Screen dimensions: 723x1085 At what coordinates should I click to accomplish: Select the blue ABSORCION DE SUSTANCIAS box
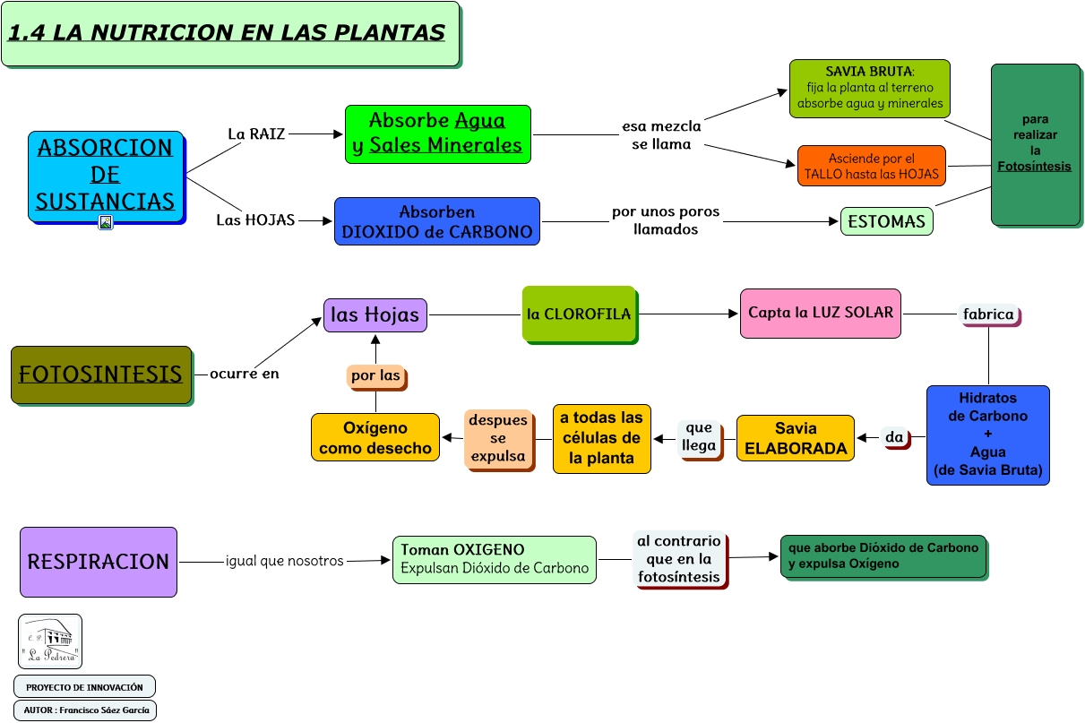pyautogui.click(x=106, y=175)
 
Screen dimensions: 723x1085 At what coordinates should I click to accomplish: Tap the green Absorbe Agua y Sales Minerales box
pyautogui.click(x=437, y=133)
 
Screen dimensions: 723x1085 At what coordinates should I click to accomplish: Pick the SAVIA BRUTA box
pyautogui.click(x=869, y=88)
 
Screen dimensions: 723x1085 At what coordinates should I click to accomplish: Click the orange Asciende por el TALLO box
pyautogui.click(x=871, y=166)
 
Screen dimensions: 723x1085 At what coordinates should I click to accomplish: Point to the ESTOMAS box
pyautogui.click(x=886, y=220)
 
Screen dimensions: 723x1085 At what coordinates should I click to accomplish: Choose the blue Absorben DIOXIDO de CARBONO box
pyautogui.click(x=437, y=221)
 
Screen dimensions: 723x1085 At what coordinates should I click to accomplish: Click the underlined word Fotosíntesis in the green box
pyautogui.click(x=1034, y=166)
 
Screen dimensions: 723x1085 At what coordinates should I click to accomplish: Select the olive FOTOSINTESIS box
pyautogui.click(x=101, y=374)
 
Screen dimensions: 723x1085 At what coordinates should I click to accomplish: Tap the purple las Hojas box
pyautogui.click(x=375, y=314)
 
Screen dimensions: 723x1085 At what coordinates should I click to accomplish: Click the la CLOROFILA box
pyautogui.click(x=578, y=314)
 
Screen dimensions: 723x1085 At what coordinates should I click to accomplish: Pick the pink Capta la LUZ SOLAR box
pyautogui.click(x=820, y=313)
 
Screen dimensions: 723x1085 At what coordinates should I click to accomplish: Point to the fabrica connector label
pyautogui.click(x=988, y=314)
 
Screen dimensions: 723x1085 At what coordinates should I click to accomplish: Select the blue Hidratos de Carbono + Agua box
pyautogui.click(x=987, y=435)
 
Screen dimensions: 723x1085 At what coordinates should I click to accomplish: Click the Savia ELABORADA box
pyautogui.click(x=796, y=438)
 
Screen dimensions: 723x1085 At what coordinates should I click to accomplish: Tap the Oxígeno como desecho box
pyautogui.click(x=375, y=437)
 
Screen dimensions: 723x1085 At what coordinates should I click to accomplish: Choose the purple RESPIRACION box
pyautogui.click(x=99, y=562)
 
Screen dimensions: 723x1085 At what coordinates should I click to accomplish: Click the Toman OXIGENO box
pyautogui.click(x=494, y=559)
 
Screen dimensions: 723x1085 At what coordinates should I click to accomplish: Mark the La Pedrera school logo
pyautogui.click(x=50, y=641)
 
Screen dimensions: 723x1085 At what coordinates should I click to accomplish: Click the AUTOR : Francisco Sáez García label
pyautogui.click(x=86, y=710)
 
